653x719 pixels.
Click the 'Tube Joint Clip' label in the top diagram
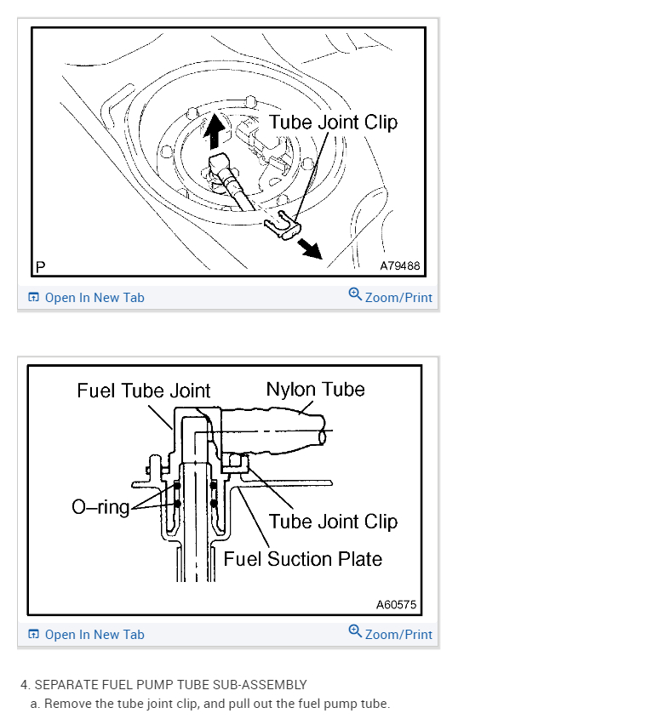[x=333, y=123]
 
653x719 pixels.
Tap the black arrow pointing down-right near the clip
[x=309, y=248]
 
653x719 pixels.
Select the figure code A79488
[x=399, y=265]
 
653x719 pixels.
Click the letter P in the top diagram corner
[x=40, y=267]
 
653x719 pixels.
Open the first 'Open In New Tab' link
[x=94, y=298]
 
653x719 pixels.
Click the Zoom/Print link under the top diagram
[x=398, y=298]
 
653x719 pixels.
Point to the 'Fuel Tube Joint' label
[x=143, y=391]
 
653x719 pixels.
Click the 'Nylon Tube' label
[x=315, y=390]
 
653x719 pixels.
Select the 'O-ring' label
[x=100, y=508]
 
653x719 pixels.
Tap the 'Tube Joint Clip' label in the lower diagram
[x=333, y=522]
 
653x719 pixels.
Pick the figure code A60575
[x=396, y=605]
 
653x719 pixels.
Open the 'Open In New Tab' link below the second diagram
[x=94, y=635]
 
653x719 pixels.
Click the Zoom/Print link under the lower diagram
[x=398, y=635]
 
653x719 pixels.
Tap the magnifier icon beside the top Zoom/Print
[x=355, y=294]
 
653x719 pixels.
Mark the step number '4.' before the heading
[x=26, y=685]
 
